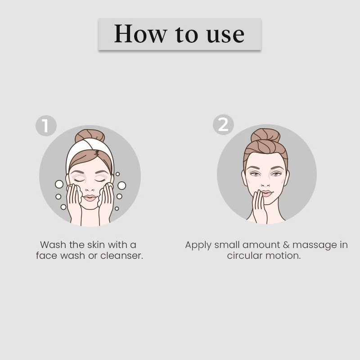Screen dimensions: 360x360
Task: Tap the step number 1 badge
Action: tap(46, 126)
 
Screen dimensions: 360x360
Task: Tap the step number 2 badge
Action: tap(223, 124)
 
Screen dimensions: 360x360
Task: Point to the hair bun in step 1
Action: tap(90, 135)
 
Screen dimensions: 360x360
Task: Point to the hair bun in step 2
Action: tap(265, 135)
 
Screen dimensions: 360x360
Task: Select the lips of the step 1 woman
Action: tap(90, 197)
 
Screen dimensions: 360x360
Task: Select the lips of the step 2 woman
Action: tap(266, 193)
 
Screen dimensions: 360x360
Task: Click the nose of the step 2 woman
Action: tap(266, 184)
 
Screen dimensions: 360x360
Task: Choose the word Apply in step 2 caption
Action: tap(198, 245)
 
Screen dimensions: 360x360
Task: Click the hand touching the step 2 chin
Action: tap(259, 207)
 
